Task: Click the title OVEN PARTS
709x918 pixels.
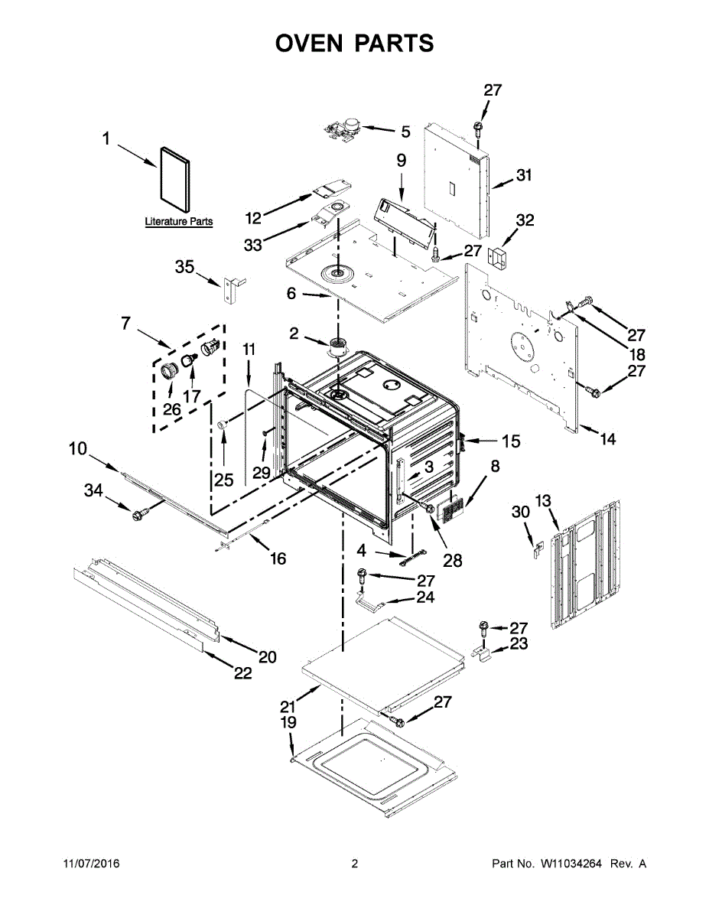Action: click(354, 44)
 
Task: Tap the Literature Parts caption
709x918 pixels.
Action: click(179, 222)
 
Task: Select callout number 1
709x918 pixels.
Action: click(107, 139)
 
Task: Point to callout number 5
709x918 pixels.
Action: click(405, 132)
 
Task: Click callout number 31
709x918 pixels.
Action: click(523, 175)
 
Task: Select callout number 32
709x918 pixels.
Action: click(525, 221)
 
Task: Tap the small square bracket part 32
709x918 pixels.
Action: click(499, 258)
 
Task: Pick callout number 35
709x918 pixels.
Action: click(185, 267)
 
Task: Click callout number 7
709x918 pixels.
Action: click(125, 324)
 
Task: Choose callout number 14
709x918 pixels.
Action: click(607, 439)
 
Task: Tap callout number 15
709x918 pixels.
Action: click(510, 441)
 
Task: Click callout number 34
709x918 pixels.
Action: click(93, 491)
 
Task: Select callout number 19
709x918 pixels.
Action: click(288, 723)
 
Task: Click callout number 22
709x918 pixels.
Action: click(242, 673)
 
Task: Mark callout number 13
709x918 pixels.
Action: click(542, 501)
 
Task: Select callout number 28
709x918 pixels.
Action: click(453, 561)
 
